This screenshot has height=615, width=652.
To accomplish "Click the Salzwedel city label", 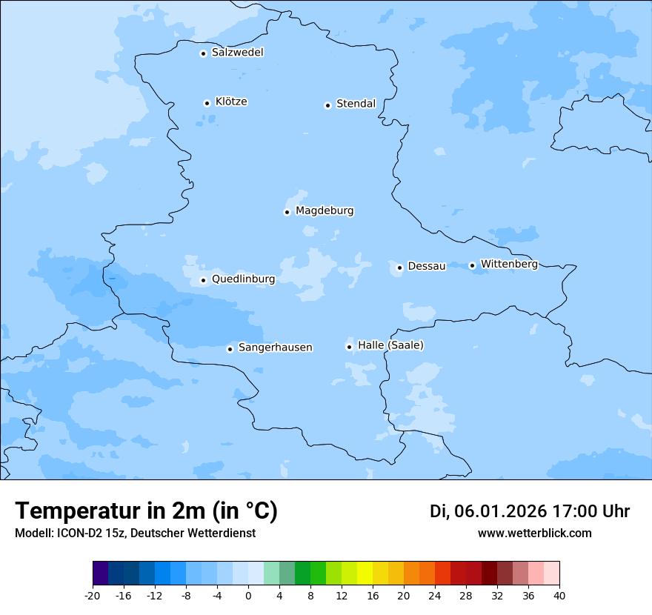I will (237, 53).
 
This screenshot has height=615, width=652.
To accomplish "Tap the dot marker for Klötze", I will (207, 103).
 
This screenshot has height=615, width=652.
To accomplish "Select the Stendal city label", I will (356, 104).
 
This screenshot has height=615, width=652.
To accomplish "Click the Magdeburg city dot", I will (287, 212).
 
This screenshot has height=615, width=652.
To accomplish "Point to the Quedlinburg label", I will (243, 279).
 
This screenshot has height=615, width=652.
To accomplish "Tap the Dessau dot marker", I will (399, 267).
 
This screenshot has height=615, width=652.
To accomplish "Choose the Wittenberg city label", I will (509, 264).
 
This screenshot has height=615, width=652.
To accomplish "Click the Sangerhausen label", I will (275, 348).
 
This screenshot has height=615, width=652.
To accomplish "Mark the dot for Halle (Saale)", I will (349, 347).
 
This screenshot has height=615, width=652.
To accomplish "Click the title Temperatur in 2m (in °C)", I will (146, 511).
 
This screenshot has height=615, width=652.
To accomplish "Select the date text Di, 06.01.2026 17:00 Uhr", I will (530, 511).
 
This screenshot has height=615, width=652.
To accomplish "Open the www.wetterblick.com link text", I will (534, 533).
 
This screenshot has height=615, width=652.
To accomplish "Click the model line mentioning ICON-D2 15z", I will (135, 533).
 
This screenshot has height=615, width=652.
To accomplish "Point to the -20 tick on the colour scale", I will (93, 595).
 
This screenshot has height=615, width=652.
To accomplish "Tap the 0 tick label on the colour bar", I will (248, 595).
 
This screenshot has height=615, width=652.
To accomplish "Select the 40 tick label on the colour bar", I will (559, 595).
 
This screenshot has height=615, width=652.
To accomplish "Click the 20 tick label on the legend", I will (404, 595).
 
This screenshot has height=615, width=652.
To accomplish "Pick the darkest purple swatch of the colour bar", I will (100, 574).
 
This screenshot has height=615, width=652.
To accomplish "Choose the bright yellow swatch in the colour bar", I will (365, 574).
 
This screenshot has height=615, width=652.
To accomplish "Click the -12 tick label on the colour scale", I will (155, 595).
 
